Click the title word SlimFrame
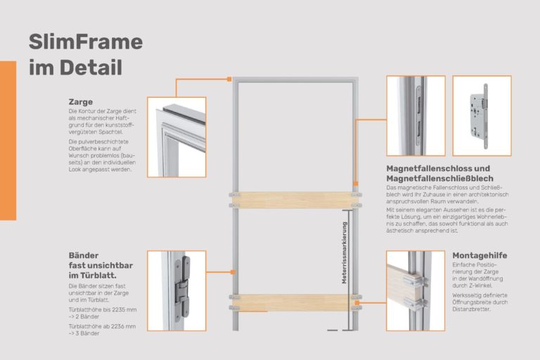85,42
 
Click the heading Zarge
81,101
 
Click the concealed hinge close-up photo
176,290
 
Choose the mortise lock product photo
481,115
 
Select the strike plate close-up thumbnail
416,115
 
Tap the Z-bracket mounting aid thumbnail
416,290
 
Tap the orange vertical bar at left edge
8,141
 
